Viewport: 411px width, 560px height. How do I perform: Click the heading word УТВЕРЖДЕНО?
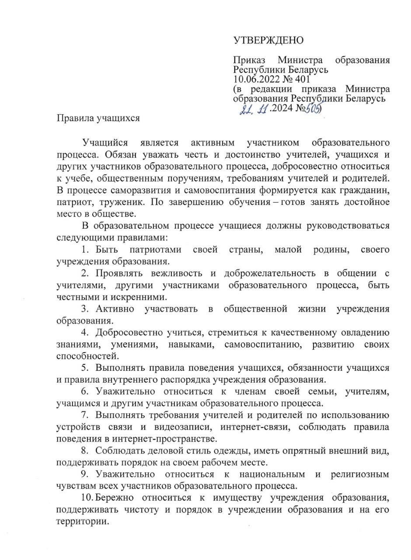coord(268,41)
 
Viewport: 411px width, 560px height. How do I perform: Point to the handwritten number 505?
coord(313,108)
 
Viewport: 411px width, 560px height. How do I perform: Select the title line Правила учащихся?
coord(98,118)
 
